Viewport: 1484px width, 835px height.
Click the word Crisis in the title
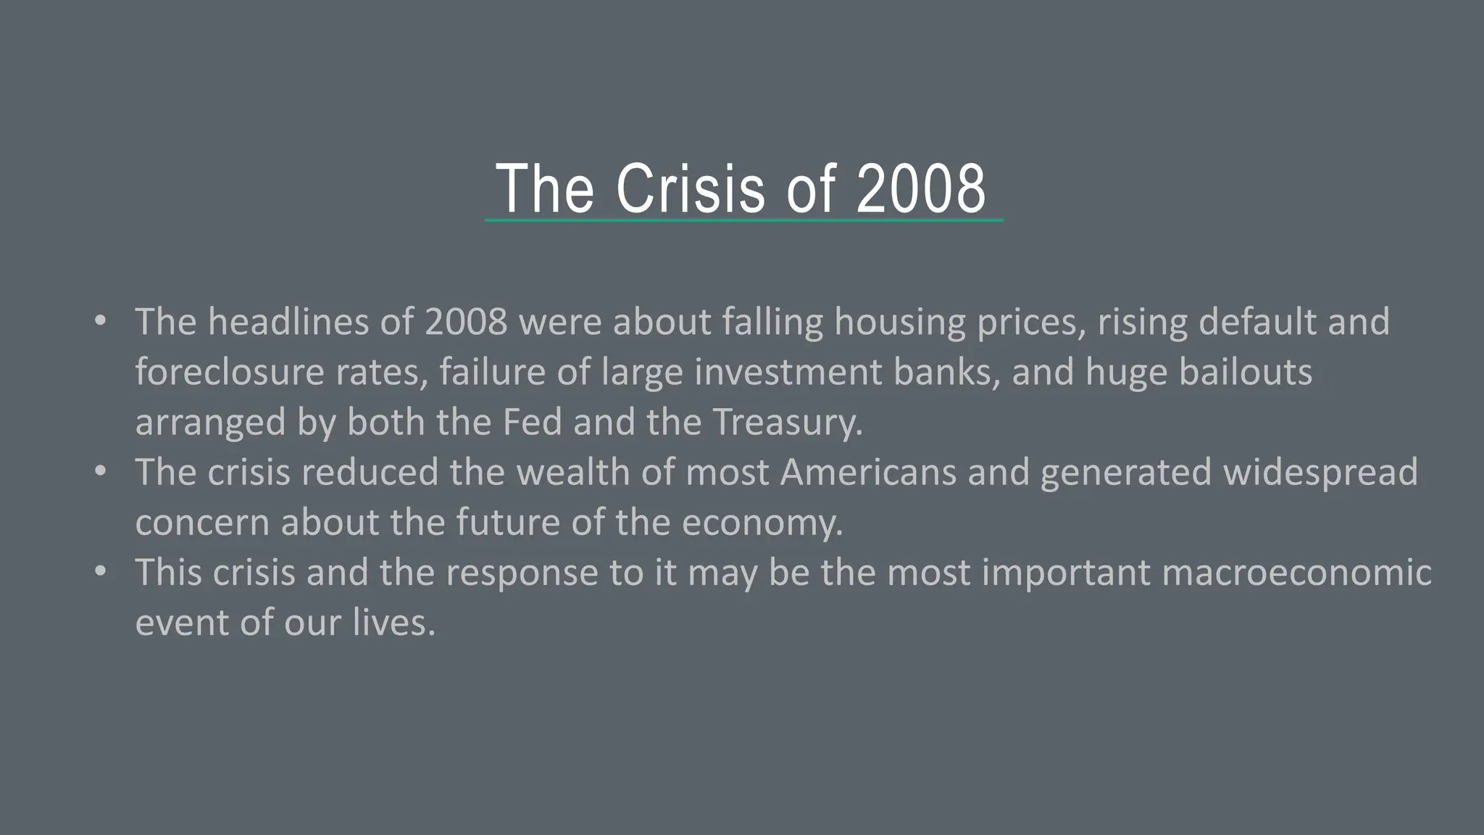point(691,188)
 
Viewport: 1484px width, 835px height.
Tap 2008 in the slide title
point(921,188)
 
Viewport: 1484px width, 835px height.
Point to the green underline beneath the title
point(744,220)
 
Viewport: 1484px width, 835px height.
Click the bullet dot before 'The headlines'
point(100,320)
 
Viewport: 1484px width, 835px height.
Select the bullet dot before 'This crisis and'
point(100,571)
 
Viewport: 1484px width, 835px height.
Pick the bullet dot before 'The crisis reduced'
point(100,471)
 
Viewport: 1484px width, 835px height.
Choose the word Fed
point(532,422)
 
